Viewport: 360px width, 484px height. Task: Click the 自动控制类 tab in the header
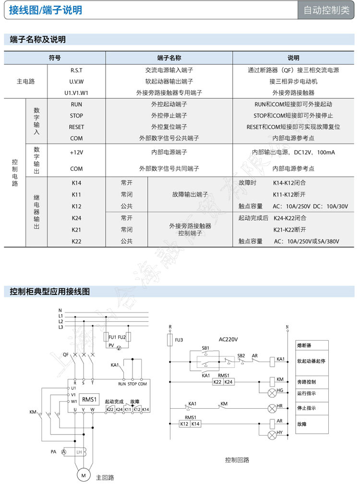point(326,11)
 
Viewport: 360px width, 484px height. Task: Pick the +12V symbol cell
point(76,152)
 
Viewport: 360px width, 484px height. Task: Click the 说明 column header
point(293,58)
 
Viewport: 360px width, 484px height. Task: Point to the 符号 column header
point(55,58)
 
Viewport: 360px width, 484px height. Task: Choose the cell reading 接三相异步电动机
point(293,82)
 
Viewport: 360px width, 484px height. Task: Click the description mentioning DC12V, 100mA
point(293,152)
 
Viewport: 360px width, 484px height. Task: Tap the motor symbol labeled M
point(83,475)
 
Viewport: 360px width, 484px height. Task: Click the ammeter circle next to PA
point(63,452)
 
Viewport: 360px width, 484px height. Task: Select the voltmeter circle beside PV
point(120,345)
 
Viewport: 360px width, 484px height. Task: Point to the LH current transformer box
point(79,452)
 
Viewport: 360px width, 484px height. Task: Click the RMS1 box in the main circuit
point(89,399)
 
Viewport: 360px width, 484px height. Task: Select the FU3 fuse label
point(179,340)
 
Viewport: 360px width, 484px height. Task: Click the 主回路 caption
point(105,478)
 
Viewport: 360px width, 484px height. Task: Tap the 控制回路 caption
point(237,460)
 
